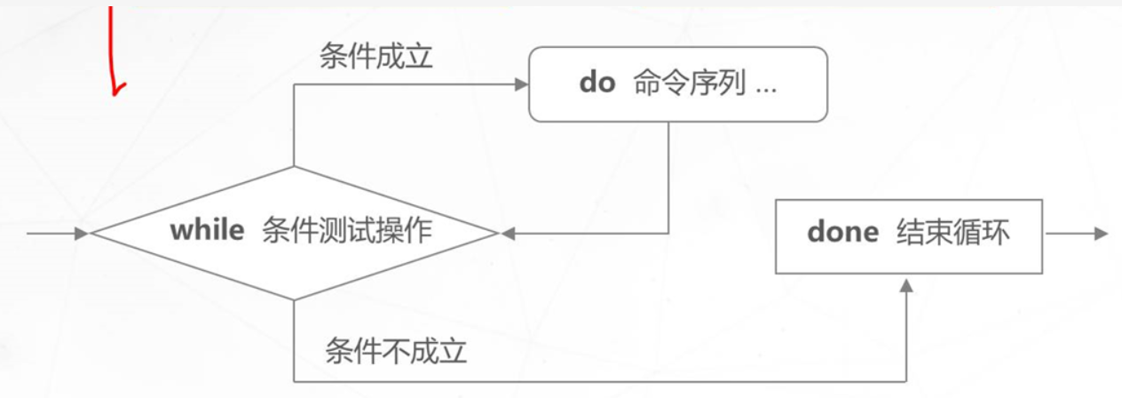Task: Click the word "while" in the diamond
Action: point(207,231)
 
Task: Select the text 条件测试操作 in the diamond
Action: point(348,231)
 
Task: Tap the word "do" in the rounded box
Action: point(597,84)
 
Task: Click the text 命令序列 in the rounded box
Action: point(689,84)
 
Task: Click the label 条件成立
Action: point(376,58)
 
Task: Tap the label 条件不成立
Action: point(396,351)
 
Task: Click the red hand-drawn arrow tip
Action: point(115,90)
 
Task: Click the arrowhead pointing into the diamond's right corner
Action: point(508,234)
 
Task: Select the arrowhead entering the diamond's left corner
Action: point(83,234)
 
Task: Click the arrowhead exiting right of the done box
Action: point(1102,234)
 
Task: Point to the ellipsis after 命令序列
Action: point(766,86)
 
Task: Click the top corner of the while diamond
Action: point(293,167)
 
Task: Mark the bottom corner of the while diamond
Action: point(293,299)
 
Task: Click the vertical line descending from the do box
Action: point(668,178)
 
